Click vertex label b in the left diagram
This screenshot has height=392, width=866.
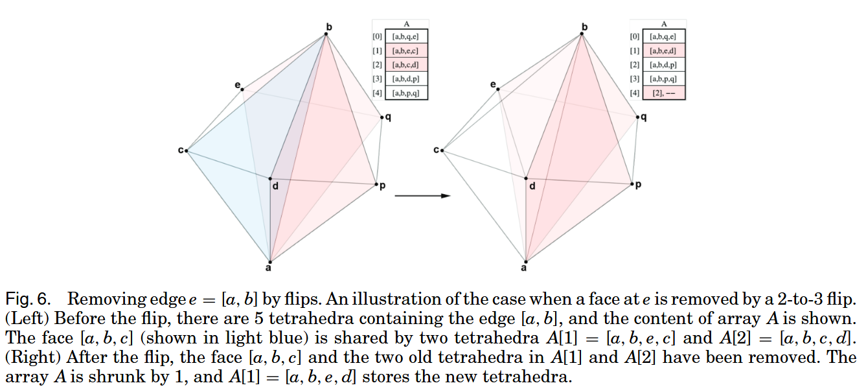pos(328,27)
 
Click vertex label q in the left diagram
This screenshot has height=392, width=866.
pos(387,117)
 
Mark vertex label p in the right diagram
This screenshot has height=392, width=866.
pos(638,185)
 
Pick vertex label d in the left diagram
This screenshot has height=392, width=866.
pos(275,186)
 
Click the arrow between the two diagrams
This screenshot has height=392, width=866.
pos(422,195)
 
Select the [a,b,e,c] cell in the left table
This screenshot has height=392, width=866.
pos(406,51)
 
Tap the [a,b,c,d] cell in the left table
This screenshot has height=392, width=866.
pos(406,65)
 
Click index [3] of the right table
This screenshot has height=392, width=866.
pos(634,80)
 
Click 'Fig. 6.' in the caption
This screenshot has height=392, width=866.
pos(25,299)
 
